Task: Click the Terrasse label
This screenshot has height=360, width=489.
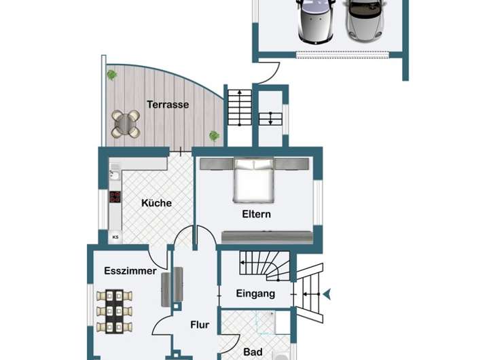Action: (167, 105)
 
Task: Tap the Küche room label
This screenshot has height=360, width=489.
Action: (156, 202)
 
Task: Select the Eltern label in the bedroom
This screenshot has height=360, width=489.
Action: (256, 214)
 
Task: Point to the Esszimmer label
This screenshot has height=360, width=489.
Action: (130, 271)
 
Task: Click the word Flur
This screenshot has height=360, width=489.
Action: (199, 325)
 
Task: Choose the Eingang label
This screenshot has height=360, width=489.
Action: (255, 293)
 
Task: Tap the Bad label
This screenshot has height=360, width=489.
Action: (253, 352)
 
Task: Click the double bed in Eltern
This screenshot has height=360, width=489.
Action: (254, 180)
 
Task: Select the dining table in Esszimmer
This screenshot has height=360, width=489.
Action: (114, 312)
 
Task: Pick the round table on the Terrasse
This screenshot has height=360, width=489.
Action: (125, 124)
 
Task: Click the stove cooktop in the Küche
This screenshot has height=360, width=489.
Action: (115, 197)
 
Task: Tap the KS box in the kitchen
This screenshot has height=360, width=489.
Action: (115, 237)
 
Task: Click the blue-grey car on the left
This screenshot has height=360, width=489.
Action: (316, 20)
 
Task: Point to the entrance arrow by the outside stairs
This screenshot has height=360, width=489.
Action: (327, 294)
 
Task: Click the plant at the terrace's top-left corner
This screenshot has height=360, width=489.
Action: (111, 75)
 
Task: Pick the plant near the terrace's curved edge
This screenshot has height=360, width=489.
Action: (214, 136)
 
